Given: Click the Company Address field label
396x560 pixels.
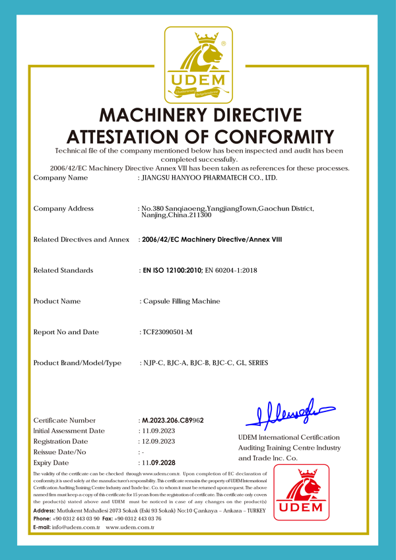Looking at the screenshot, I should coord(63,209).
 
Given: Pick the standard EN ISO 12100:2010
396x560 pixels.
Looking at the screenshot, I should coord(172,270).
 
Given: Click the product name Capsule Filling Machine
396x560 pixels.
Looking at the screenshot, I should coord(181,301).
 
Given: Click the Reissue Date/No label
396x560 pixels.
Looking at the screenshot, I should coord(60,452).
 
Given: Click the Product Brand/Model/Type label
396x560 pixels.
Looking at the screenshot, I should coord(77,363).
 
